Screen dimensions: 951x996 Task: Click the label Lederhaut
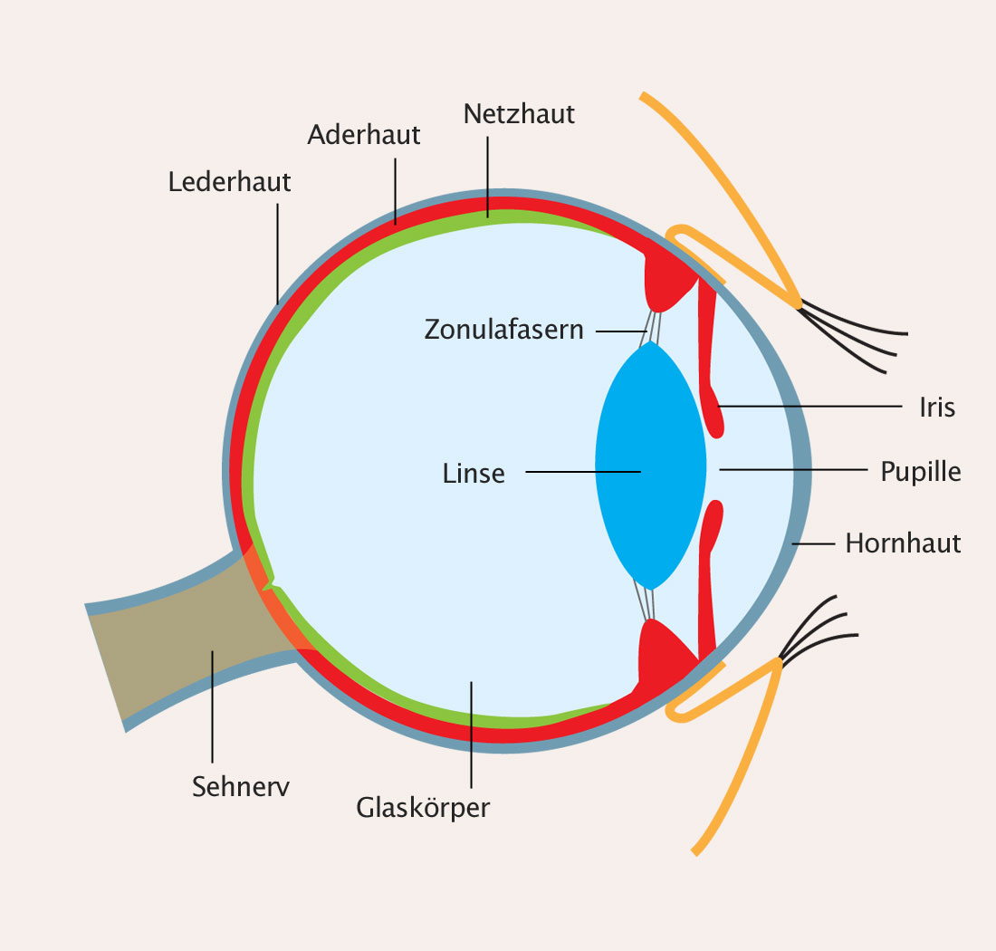click(x=229, y=182)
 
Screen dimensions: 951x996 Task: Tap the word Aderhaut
click(x=363, y=135)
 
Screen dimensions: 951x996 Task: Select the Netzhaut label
click(x=519, y=114)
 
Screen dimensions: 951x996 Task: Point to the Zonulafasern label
click(x=503, y=330)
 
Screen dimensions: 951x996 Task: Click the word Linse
click(x=474, y=473)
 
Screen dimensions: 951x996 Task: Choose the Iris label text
click(x=937, y=408)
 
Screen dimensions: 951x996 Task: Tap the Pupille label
click(x=920, y=472)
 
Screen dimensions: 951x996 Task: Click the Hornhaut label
click(x=903, y=543)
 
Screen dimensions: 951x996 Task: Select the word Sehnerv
click(x=240, y=786)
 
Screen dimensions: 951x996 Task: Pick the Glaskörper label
click(x=423, y=807)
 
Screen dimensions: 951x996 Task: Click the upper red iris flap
click(x=709, y=362)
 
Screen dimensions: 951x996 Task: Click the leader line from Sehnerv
click(x=213, y=706)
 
